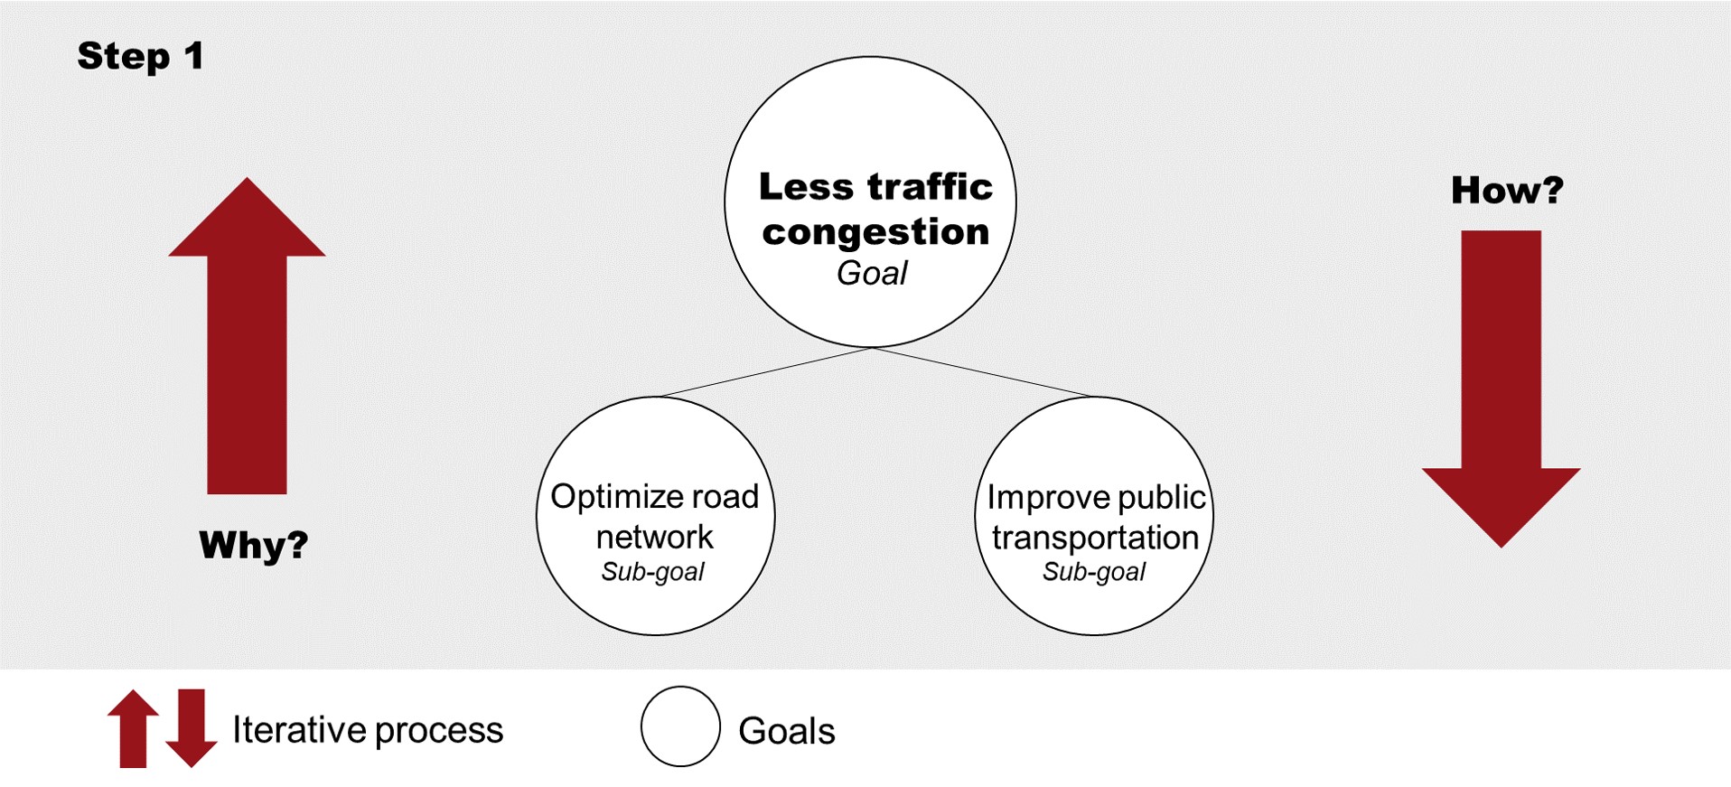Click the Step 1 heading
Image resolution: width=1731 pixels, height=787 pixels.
pos(140,56)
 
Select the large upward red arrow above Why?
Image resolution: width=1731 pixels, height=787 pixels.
pos(247,343)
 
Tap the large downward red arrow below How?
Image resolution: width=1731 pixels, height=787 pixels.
pos(1501,379)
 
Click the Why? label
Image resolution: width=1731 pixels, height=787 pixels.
pos(254,545)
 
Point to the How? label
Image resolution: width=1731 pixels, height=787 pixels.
pos(1507,190)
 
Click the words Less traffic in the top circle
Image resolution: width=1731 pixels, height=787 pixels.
pos(875,187)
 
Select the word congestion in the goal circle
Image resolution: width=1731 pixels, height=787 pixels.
pos(875,232)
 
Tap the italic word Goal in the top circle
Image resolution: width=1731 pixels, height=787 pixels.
pos(872,273)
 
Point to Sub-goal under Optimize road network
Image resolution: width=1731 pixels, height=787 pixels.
pos(653,572)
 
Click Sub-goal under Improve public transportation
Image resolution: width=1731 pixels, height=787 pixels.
pos(1094,572)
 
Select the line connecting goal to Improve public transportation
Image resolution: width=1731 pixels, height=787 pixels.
pos(983,372)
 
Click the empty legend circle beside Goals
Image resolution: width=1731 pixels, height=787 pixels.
pos(680,726)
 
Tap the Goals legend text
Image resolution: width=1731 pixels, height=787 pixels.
pos(787,731)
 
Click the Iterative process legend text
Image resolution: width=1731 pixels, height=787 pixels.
pos(368,730)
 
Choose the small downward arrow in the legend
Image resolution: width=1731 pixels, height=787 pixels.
pos(192,728)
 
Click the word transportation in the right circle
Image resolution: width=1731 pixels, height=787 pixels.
pos(1095,538)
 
